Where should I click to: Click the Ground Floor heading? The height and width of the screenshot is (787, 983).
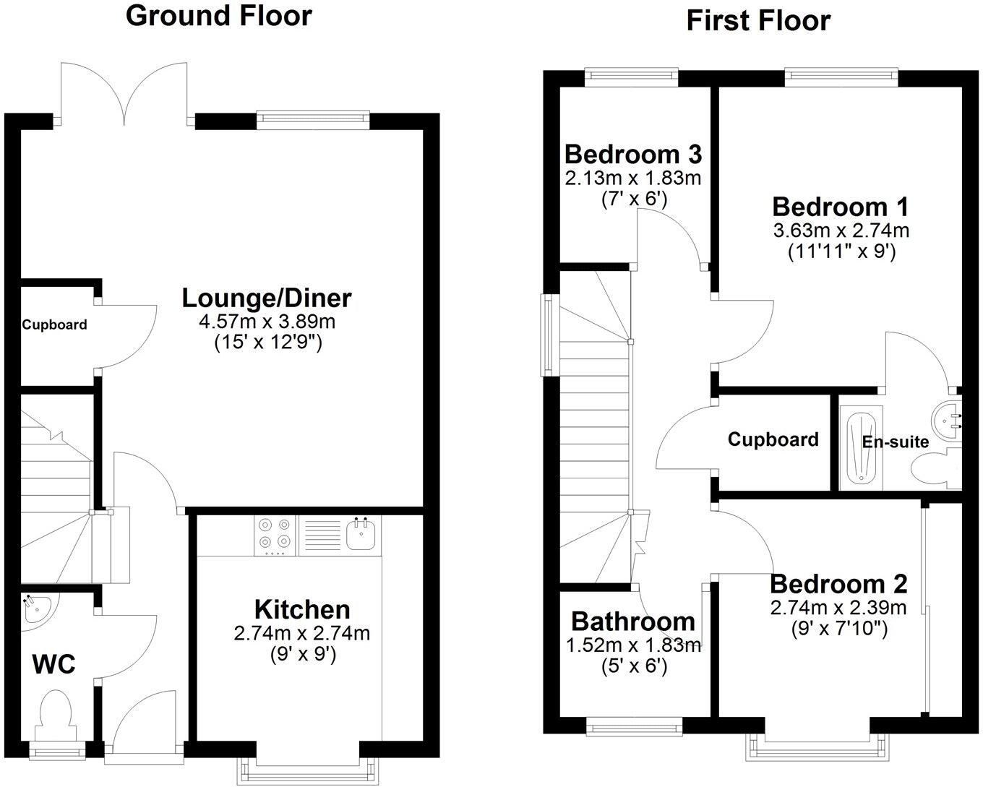218,15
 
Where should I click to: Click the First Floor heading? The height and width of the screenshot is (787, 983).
757,21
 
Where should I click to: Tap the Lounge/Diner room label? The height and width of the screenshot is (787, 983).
266,298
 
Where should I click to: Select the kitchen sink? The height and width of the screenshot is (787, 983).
360,534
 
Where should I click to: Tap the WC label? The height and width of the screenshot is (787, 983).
54,664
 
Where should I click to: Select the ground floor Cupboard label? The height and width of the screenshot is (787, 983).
54,325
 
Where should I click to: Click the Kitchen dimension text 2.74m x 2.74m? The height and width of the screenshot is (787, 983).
301,634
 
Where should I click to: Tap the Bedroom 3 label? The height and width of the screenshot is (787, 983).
632,154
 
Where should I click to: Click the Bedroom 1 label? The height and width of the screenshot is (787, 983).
841,207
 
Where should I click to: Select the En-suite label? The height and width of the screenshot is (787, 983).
896,441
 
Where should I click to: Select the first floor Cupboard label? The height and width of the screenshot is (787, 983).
773,439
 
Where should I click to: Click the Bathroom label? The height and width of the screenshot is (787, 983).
632,622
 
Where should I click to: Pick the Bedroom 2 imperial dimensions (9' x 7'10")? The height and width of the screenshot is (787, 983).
838,629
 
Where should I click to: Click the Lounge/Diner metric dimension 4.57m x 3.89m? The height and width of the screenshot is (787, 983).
267,322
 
